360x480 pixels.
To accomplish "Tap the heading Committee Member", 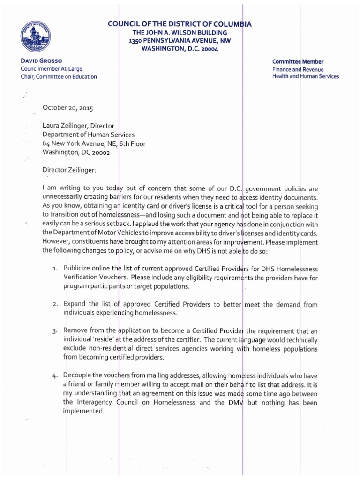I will tap(298, 62).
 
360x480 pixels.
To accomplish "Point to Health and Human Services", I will tap(305, 76).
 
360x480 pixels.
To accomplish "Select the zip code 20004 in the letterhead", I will tap(207, 49).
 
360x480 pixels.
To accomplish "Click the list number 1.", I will tap(54, 269).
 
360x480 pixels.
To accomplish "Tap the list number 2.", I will tap(54, 305).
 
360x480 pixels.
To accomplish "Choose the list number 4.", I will tap(54, 376).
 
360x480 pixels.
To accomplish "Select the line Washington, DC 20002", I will tap(76, 152).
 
